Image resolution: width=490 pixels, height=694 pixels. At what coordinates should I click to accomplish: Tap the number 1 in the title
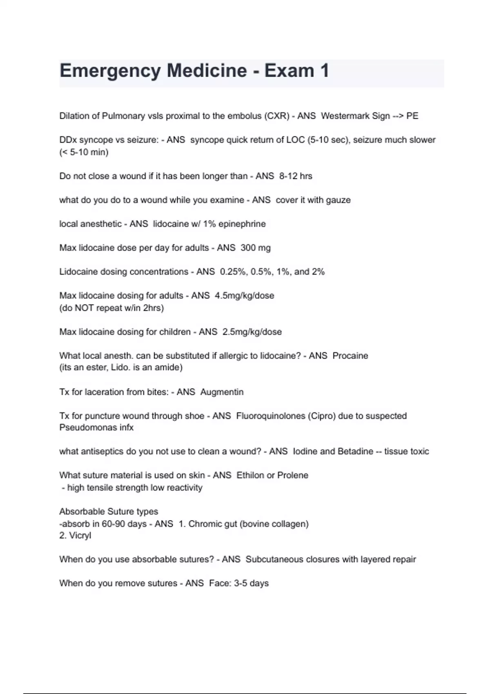pos(325,71)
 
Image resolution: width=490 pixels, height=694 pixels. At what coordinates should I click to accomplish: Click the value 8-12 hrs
pos(296,176)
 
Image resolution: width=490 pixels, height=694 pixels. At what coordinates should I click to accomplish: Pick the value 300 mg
pos(256,248)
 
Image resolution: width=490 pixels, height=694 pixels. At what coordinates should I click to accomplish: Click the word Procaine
pos(350,356)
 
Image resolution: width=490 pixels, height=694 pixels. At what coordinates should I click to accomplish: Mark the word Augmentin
pos(222,392)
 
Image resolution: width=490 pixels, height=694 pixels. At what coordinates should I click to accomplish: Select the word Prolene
pos(293,475)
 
